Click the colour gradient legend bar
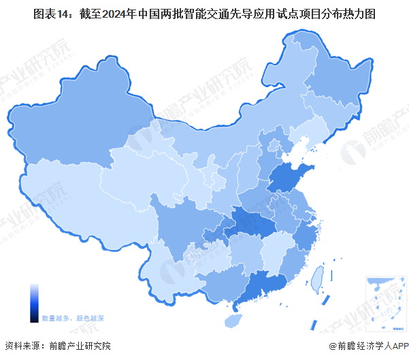point(34,302)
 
